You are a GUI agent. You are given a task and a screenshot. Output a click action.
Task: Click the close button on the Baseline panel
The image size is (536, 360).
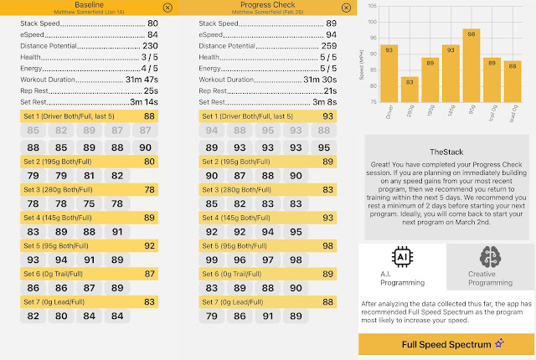168,8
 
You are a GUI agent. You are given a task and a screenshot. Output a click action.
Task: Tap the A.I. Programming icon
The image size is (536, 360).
402,258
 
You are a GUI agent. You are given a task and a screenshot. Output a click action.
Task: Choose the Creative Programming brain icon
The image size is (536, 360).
491,258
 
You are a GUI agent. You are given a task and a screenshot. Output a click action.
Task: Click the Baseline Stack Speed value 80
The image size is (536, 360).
152,23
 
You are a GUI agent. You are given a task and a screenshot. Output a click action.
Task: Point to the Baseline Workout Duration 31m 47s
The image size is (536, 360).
136,80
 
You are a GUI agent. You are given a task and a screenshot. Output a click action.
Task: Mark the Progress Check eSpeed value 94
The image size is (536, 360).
331,34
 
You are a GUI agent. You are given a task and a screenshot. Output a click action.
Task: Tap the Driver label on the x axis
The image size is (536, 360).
389,115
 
